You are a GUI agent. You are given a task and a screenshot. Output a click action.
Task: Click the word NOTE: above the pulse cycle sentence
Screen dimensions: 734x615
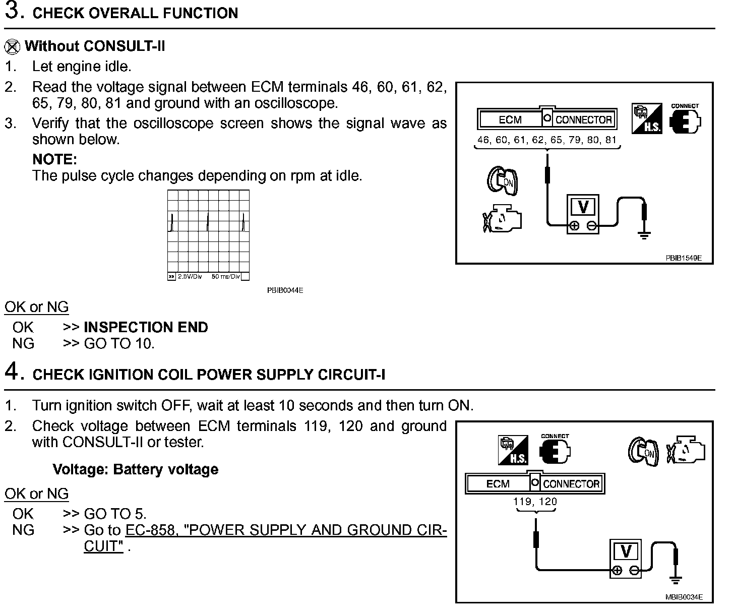point(54,160)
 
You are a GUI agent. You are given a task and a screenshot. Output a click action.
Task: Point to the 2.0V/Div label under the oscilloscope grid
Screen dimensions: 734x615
point(190,277)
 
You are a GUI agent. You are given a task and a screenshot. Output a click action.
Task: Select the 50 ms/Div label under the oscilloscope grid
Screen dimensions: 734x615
point(225,277)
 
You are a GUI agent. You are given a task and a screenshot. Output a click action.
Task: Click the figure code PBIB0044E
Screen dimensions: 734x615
point(285,290)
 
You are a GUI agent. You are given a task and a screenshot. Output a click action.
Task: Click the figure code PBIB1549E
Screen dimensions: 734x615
point(683,258)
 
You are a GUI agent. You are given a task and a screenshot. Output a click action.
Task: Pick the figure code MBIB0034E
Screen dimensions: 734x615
point(683,597)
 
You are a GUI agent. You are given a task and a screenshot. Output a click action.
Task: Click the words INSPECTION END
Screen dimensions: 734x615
point(146,328)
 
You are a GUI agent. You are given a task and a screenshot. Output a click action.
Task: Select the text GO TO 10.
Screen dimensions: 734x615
point(119,344)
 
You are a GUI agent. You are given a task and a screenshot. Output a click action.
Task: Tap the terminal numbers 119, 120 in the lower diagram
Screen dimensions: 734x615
point(535,502)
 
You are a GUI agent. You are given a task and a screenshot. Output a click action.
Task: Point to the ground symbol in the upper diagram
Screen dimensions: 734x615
point(644,234)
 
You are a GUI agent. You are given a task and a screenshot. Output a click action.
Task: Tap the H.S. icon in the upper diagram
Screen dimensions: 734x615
point(647,119)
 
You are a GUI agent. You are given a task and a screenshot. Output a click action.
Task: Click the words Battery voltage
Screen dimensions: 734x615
point(166,470)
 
